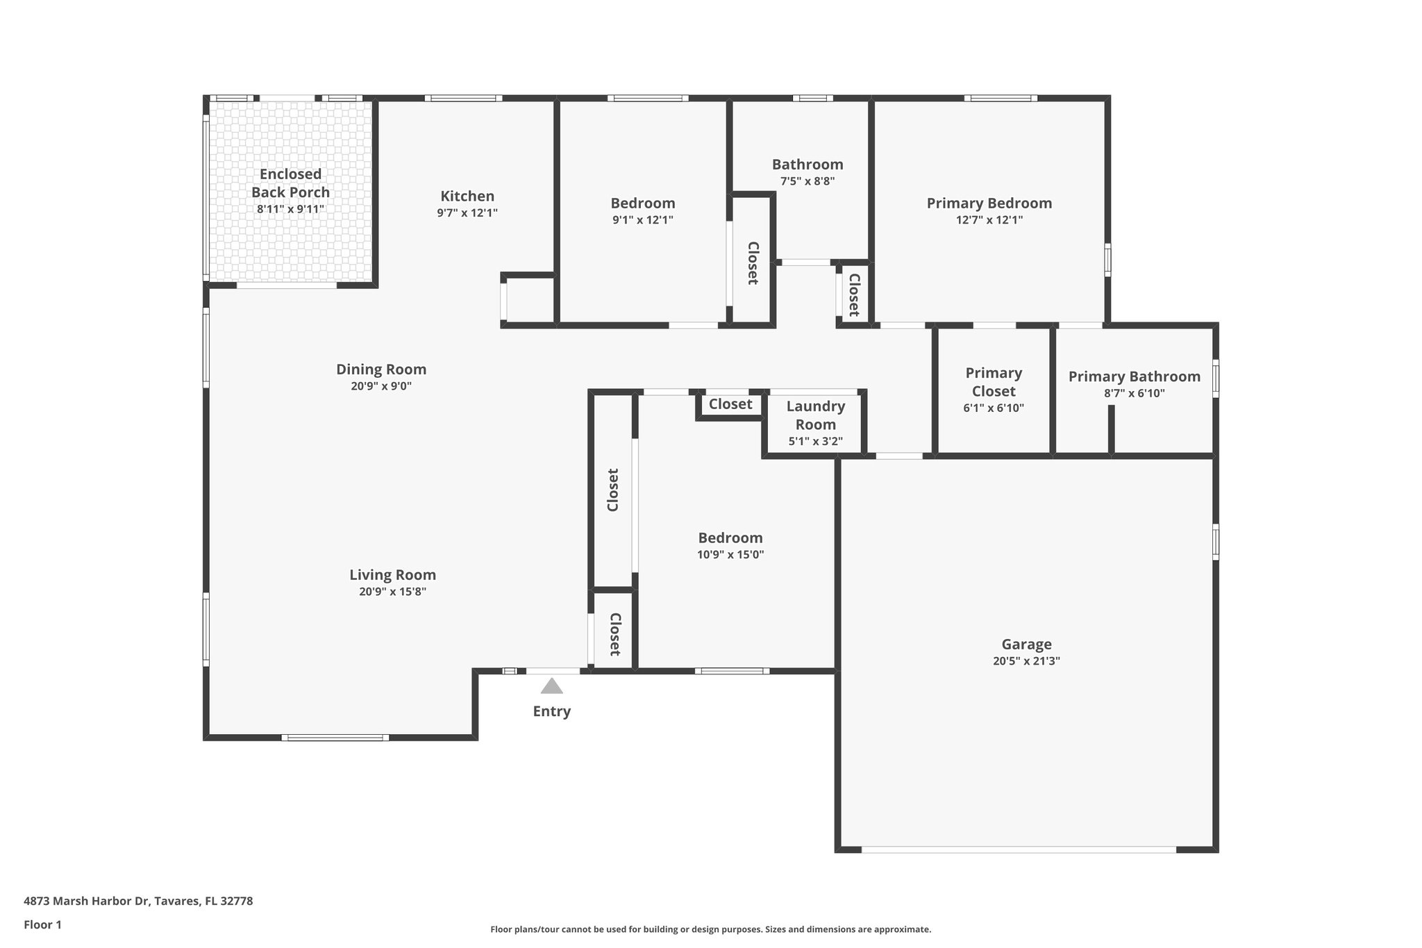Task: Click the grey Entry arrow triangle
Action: (x=551, y=686)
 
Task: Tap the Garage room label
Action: (x=1026, y=644)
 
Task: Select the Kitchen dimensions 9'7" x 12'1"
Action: (x=467, y=213)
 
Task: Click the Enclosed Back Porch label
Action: (x=290, y=183)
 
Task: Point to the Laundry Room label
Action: (x=816, y=415)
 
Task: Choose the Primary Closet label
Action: (x=994, y=382)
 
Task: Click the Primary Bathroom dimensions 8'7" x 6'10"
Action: (x=1134, y=393)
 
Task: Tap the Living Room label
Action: (x=392, y=574)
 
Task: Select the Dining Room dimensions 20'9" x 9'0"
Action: (x=381, y=386)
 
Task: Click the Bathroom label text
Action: (x=808, y=165)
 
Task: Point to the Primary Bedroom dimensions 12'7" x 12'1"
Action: (x=989, y=220)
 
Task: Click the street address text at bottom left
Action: (x=138, y=901)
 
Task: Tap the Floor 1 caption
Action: (x=42, y=924)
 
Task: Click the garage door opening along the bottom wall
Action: (x=1019, y=849)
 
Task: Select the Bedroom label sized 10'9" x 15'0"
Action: (x=730, y=538)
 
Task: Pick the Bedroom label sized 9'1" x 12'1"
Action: (x=643, y=203)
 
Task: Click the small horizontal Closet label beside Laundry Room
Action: (x=730, y=404)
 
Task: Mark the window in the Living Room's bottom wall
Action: (x=335, y=737)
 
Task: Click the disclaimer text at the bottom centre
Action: (x=710, y=929)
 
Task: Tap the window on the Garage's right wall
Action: (x=1215, y=542)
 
